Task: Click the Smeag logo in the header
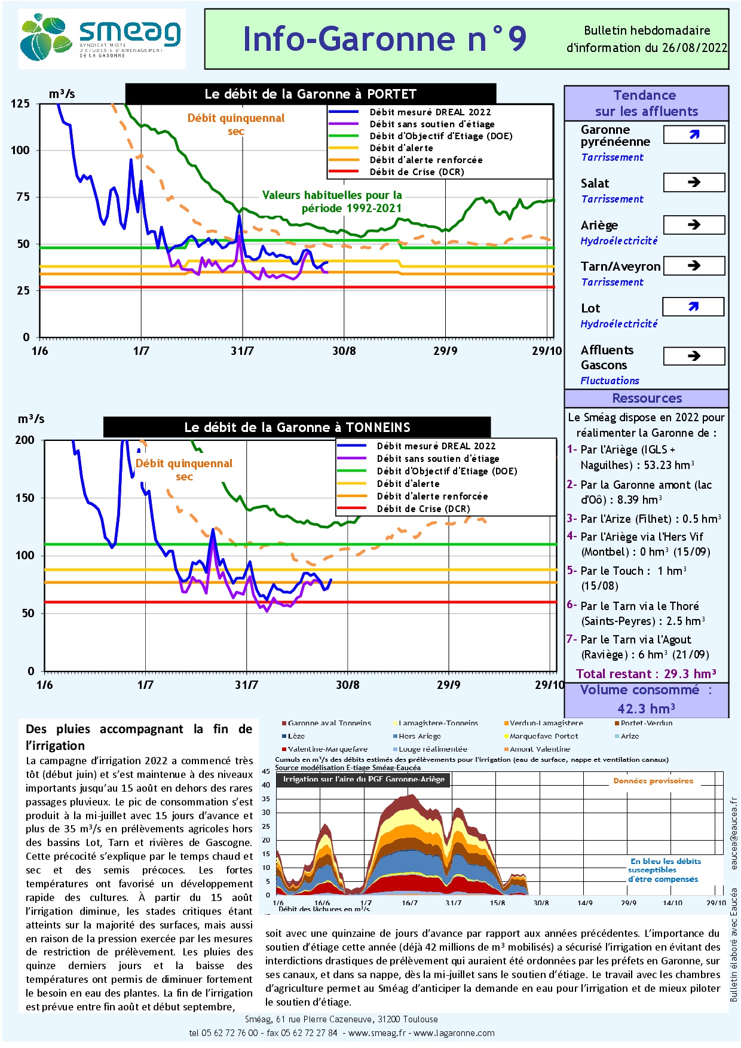click(102, 38)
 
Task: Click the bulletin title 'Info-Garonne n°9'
click(384, 39)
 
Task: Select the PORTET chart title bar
click(310, 94)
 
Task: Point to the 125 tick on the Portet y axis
click(20, 104)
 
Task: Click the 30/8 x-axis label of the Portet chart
click(344, 351)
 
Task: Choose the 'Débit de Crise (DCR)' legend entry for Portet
click(417, 172)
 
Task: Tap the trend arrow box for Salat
click(694, 182)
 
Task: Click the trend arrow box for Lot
click(693, 307)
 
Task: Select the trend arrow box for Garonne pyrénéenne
click(694, 135)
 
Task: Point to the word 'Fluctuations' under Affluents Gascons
click(610, 381)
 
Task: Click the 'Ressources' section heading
click(647, 399)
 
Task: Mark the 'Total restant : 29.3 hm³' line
click(646, 674)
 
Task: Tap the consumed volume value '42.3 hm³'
click(646, 709)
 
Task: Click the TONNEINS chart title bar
click(297, 427)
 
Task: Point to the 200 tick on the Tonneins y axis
click(25, 440)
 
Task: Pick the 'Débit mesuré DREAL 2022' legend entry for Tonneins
click(436, 446)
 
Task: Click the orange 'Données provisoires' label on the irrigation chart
click(653, 781)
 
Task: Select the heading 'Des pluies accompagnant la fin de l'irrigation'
click(139, 737)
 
